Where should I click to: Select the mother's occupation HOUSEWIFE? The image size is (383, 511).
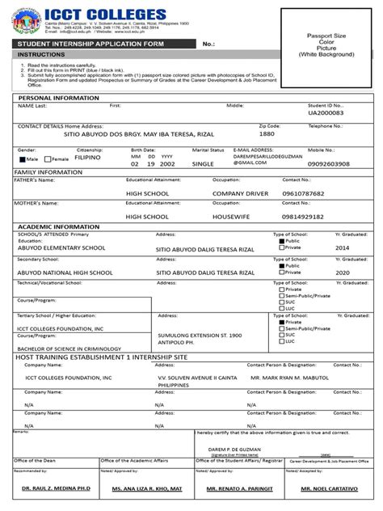pyautogui.click(x=232, y=217)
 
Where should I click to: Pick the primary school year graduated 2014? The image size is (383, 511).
pyautogui.click(x=343, y=248)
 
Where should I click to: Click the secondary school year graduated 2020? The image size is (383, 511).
pyautogui.click(x=343, y=273)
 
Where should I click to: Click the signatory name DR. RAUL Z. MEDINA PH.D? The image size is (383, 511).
pyautogui.click(x=53, y=490)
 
